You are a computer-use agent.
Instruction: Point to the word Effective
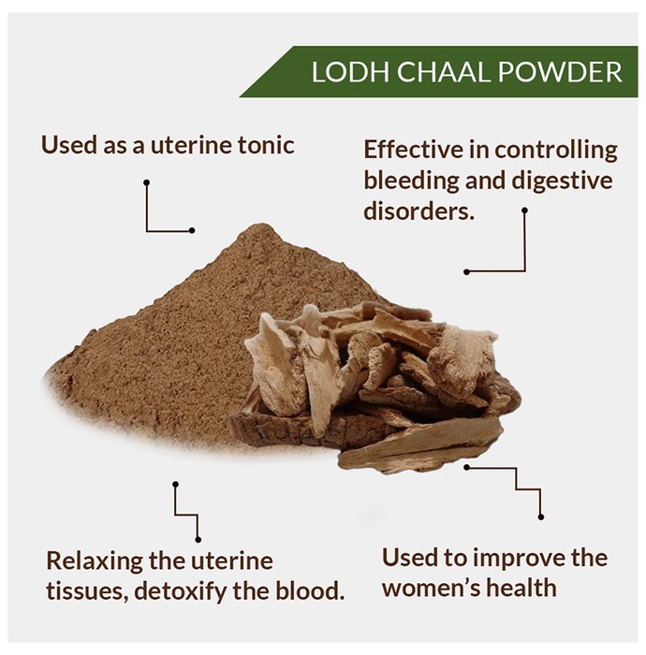(x=413, y=150)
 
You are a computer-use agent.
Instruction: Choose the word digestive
(x=562, y=181)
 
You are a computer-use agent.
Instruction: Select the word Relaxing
(x=95, y=561)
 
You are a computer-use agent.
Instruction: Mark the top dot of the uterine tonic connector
(x=146, y=182)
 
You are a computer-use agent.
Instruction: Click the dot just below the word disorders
(x=525, y=211)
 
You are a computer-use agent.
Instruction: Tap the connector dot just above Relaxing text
(x=198, y=540)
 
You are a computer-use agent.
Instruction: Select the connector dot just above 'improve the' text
(x=541, y=517)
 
